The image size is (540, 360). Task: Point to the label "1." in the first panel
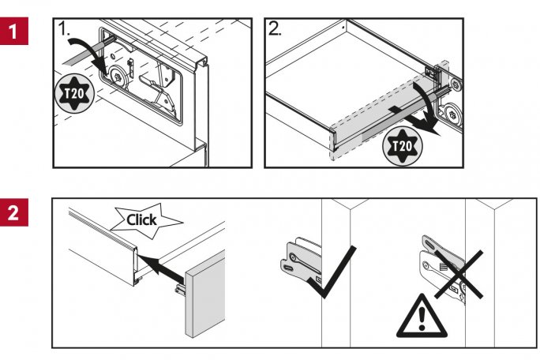(x=67, y=31)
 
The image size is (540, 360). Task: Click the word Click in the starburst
(x=141, y=219)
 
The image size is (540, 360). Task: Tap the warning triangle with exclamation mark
(x=420, y=316)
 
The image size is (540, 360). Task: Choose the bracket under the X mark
(x=442, y=268)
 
